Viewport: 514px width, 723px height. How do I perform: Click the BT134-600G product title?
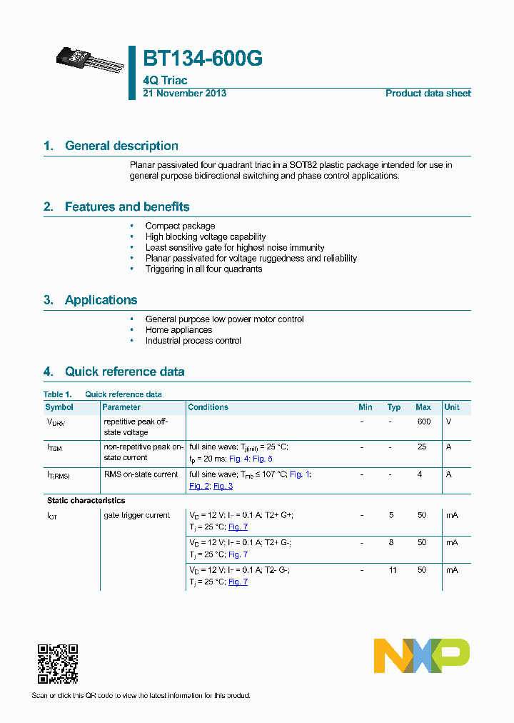pos(203,59)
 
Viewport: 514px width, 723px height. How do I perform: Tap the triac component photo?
pos(89,61)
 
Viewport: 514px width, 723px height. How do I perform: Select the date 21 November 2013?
pos(185,94)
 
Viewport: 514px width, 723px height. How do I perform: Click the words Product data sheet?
pos(428,94)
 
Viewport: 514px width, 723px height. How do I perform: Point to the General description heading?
pos(121,146)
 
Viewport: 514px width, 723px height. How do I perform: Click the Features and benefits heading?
pos(127,207)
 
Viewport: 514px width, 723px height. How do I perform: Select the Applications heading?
pos(101,300)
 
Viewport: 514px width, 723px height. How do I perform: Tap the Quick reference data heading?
pos(124,372)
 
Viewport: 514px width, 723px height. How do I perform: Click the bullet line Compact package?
pos(180,226)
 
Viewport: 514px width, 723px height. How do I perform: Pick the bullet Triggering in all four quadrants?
pos(203,269)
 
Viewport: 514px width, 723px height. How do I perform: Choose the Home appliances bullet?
pos(178,330)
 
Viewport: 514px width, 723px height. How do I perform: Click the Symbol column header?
pos(59,407)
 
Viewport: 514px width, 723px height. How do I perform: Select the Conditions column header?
pos(208,407)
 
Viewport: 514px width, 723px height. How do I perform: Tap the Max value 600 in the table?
pos(423,422)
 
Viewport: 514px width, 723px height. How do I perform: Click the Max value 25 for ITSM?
pos(422,447)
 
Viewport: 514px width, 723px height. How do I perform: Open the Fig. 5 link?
pos(263,459)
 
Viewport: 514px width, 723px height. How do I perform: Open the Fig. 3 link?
pos(223,486)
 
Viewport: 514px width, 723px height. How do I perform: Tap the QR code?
pos(57,664)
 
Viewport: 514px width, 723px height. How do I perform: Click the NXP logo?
pos(421,656)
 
